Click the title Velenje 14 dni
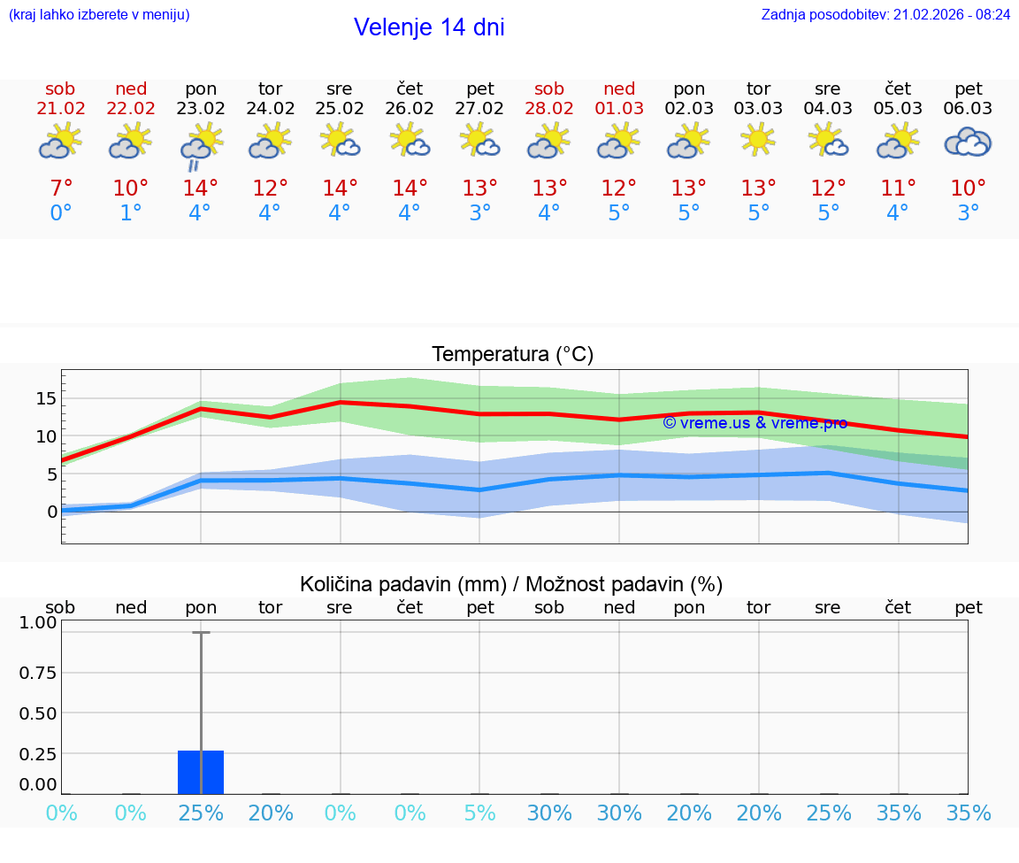pyautogui.click(x=429, y=27)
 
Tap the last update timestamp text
pyautogui.click(x=885, y=15)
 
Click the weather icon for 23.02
pyautogui.click(x=201, y=144)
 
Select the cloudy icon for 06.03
pyautogui.click(x=968, y=143)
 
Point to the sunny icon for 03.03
pyautogui.click(x=758, y=140)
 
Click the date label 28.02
pyautogui.click(x=549, y=109)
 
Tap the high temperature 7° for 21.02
pyautogui.click(x=61, y=189)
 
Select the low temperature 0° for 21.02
pyautogui.click(x=61, y=213)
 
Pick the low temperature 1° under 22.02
pyautogui.click(x=131, y=213)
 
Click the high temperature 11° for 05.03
pyautogui.click(x=898, y=189)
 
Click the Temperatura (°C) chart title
pyautogui.click(x=512, y=355)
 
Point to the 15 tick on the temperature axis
pyautogui.click(x=46, y=398)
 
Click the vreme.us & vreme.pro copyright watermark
pyautogui.click(x=755, y=423)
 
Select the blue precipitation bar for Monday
pyautogui.click(x=201, y=772)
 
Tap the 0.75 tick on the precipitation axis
pyautogui.click(x=38, y=673)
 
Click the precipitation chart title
pyautogui.click(x=511, y=584)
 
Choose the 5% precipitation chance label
pyautogui.click(x=479, y=813)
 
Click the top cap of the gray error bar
pyautogui.click(x=201, y=633)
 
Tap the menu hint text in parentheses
pyautogui.click(x=99, y=15)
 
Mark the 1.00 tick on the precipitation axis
pyautogui.click(x=38, y=622)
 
